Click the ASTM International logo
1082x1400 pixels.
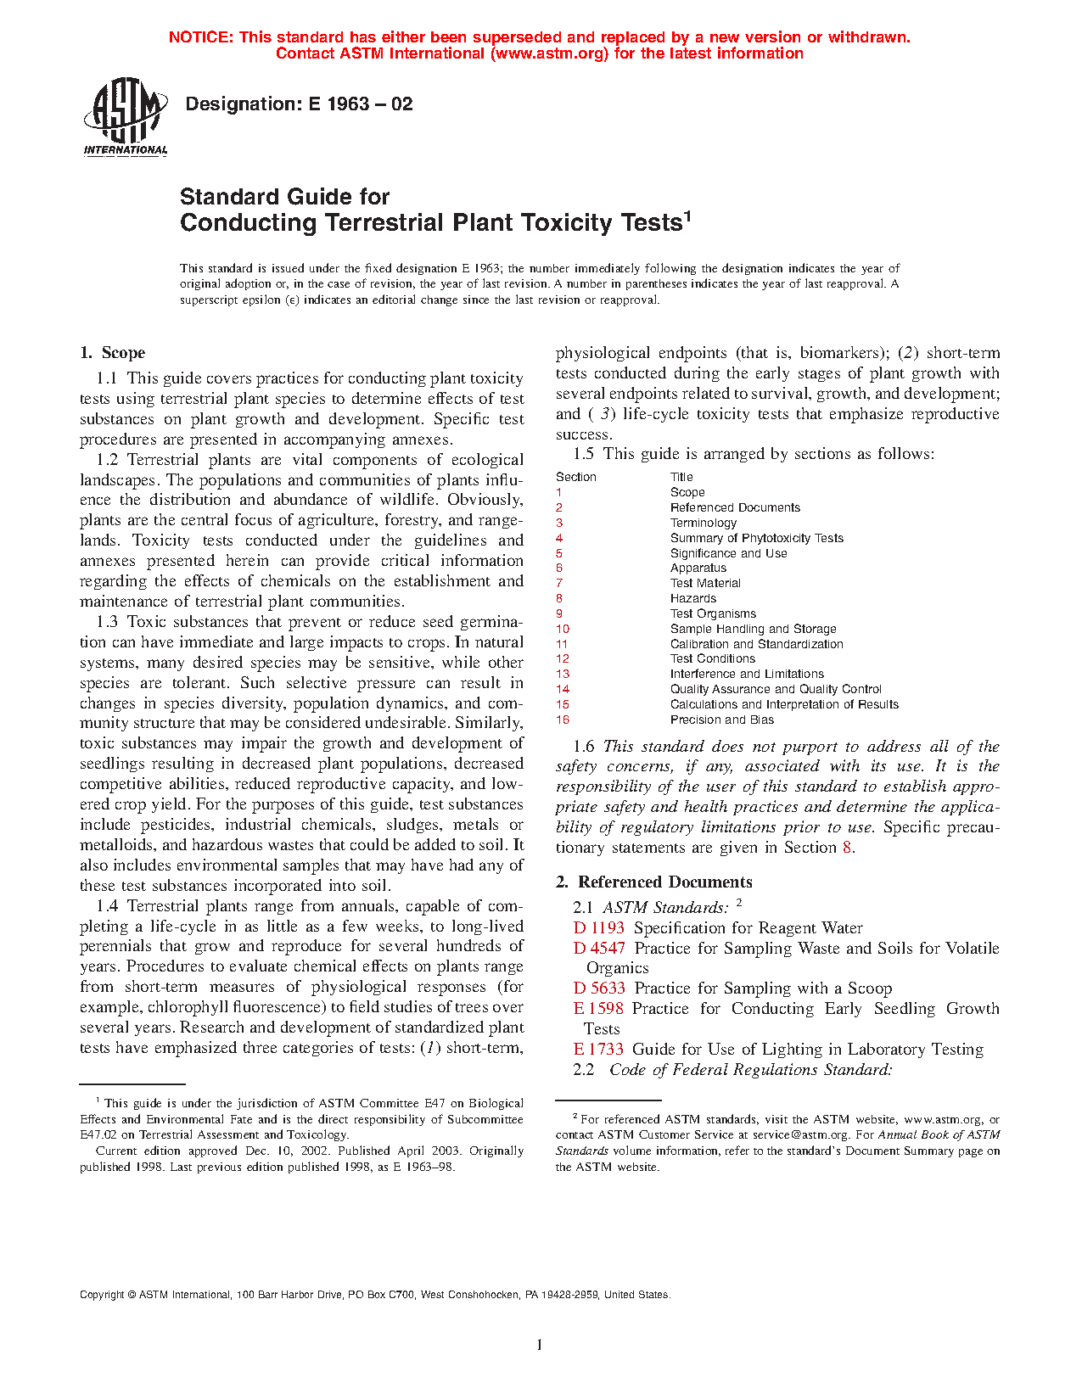click(x=126, y=116)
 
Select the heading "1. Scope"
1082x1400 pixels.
click(x=112, y=353)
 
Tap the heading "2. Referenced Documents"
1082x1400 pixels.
click(x=653, y=882)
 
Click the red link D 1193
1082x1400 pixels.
click(x=598, y=928)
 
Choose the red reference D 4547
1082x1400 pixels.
click(x=599, y=949)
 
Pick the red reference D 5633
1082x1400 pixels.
click(x=599, y=988)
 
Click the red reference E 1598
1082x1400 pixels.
click(x=598, y=1009)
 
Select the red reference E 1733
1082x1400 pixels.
click(x=598, y=1050)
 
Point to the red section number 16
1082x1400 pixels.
click(x=563, y=720)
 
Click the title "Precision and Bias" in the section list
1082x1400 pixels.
click(x=721, y=720)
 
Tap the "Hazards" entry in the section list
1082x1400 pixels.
click(x=692, y=599)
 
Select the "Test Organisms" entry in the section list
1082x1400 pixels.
click(x=713, y=614)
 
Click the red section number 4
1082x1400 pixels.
click(x=559, y=538)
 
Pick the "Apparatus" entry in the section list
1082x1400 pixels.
click(x=698, y=568)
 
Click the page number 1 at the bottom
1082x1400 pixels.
click(x=540, y=1345)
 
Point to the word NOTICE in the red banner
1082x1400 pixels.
click(x=200, y=37)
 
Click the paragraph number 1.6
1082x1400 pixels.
click(x=584, y=747)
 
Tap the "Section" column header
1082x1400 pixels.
click(x=576, y=477)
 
